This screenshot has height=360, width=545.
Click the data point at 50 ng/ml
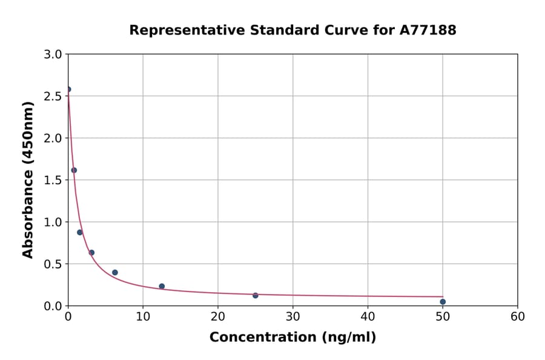(443, 302)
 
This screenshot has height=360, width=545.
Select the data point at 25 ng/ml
(256, 295)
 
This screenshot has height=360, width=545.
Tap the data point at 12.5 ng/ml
(162, 286)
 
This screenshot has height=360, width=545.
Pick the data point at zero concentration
(68, 89)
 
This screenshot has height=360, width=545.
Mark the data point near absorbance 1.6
(74, 170)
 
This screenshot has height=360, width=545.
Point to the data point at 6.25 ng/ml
(115, 273)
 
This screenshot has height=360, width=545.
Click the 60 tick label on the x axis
(518, 316)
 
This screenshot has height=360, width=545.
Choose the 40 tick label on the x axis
(368, 316)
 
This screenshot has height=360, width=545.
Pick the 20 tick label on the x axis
(218, 316)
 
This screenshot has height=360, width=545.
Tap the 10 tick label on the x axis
(143, 316)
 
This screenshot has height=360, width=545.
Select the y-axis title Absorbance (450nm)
(28, 179)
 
